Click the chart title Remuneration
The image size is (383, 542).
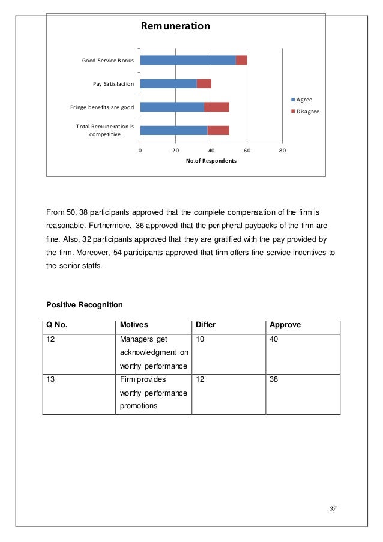pos(175,26)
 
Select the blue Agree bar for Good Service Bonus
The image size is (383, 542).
pos(188,60)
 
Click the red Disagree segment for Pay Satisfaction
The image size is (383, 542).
pos(204,83)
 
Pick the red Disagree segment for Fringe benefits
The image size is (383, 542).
pos(217,107)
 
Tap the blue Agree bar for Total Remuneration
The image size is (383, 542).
pos(174,130)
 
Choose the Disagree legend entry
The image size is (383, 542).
pos(305,112)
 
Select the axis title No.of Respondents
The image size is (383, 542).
pos(211,161)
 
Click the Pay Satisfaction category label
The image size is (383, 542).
pos(113,84)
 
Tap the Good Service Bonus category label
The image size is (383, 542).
pos(108,61)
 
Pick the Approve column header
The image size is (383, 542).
pos(285,325)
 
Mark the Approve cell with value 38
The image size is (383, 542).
pos(275,380)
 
